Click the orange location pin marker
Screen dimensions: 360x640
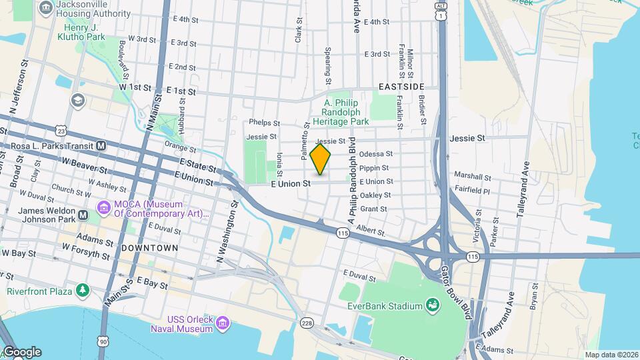pos(320,159)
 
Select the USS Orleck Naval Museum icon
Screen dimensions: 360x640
pos(223,324)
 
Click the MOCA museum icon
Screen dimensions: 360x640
pos(104,209)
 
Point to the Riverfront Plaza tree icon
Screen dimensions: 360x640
pos(82,290)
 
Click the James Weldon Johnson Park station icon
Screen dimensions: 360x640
pos(83,215)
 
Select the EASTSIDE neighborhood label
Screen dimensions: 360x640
pos(401,87)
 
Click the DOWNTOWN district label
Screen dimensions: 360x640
pos(149,248)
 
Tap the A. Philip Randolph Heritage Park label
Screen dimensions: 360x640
pos(346,113)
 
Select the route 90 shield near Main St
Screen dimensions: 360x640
pos(103,341)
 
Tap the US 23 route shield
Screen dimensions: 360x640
pos(61,131)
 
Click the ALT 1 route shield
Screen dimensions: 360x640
pos(441,11)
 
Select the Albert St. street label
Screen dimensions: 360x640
pos(371,231)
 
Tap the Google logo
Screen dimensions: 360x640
pos(22,352)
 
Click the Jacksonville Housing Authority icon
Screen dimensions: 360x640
pos(46,8)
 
